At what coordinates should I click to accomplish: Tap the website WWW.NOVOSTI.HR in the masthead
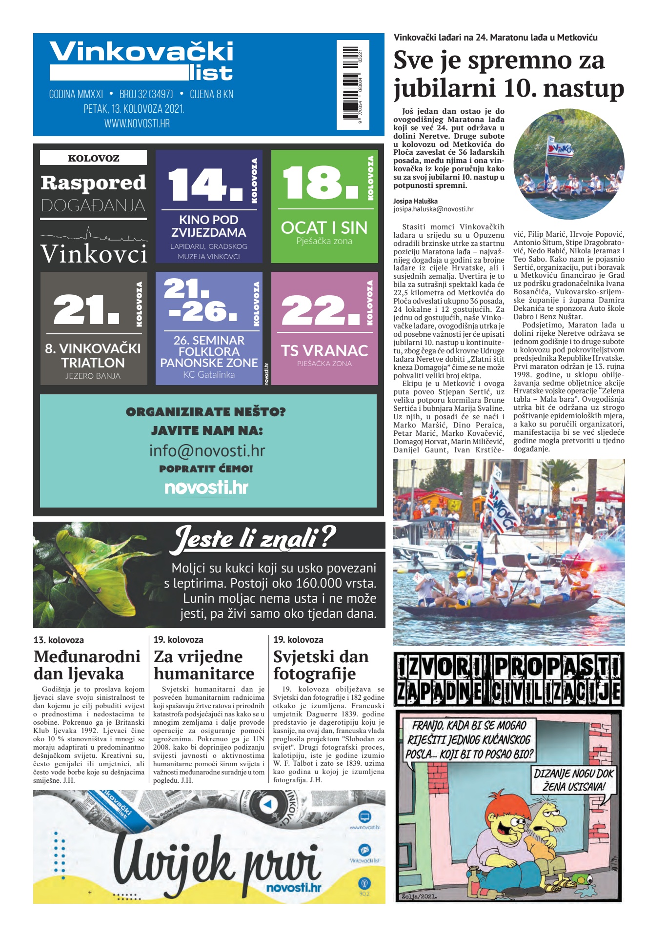137,124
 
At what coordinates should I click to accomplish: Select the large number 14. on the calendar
205,184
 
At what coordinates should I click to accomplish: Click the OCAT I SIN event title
324,228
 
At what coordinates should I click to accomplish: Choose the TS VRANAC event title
324,350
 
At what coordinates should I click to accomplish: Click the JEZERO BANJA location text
93,376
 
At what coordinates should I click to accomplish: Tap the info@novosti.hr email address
207,450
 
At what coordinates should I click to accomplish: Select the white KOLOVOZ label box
93,158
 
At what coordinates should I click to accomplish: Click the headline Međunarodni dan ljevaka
87,665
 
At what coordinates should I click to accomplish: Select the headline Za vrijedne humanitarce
203,665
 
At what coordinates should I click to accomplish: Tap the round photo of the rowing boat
568,164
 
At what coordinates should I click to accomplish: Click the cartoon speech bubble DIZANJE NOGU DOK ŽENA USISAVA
573,779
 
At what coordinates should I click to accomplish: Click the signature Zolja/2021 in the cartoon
419,896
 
